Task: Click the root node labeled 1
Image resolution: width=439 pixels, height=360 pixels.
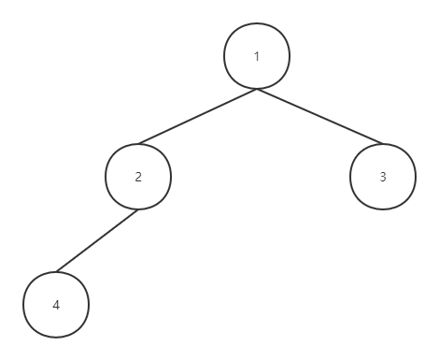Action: [x=257, y=56]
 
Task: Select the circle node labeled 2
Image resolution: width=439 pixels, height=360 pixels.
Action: [x=138, y=177]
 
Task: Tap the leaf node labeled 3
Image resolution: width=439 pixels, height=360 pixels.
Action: [x=382, y=177]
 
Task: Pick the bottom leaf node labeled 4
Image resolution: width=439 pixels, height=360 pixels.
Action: [x=56, y=305]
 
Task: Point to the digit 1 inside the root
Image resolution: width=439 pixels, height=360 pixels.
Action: [x=257, y=56]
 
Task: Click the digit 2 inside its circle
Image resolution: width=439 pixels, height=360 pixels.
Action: [x=138, y=177]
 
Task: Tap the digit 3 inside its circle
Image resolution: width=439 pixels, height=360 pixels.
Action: [x=382, y=177]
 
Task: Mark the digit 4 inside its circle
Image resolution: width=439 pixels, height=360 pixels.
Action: [x=56, y=305]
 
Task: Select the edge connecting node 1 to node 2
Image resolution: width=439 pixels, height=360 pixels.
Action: [x=197, y=117]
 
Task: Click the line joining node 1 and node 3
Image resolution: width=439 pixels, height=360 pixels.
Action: [x=319, y=117]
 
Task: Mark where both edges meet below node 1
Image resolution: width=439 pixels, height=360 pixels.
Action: [x=257, y=89]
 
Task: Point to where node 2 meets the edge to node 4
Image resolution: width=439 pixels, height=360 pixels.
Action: [x=137, y=209]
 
